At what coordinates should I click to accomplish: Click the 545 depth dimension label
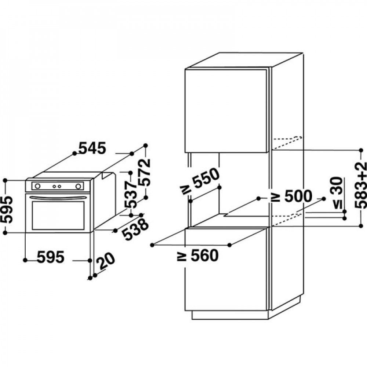[x=92, y=148]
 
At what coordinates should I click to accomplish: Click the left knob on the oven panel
[x=37, y=186]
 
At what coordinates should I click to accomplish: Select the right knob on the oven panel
[x=78, y=186]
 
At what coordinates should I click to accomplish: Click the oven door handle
[x=59, y=198]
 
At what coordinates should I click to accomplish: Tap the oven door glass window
[x=58, y=215]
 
